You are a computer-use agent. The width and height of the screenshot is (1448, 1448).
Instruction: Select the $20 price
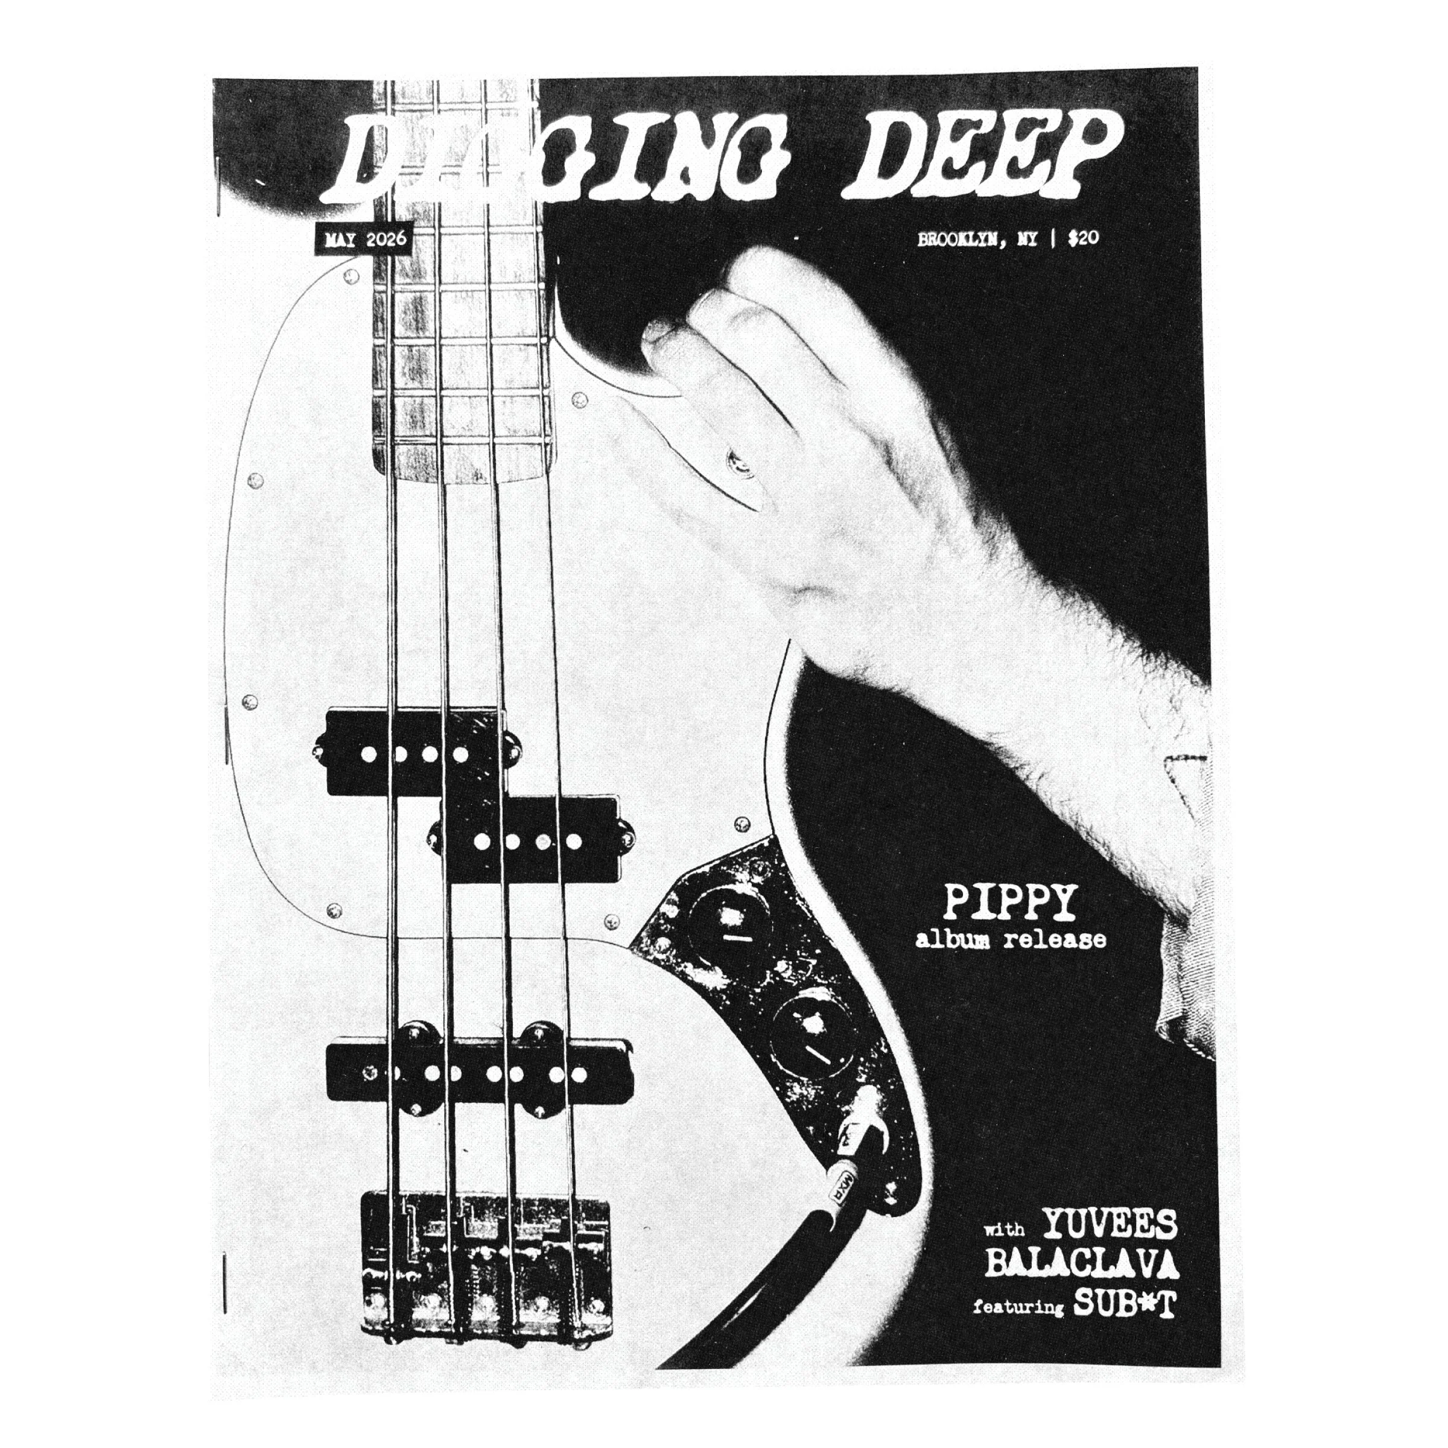[x=1083, y=238]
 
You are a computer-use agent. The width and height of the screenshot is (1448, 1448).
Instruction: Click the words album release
[x=1011, y=939]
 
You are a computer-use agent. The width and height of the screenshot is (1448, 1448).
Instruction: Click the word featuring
[x=1018, y=1308]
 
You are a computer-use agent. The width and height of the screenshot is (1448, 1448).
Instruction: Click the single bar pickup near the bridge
[x=480, y=1073]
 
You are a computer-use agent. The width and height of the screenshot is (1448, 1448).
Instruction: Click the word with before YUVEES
[x=1005, y=1231]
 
